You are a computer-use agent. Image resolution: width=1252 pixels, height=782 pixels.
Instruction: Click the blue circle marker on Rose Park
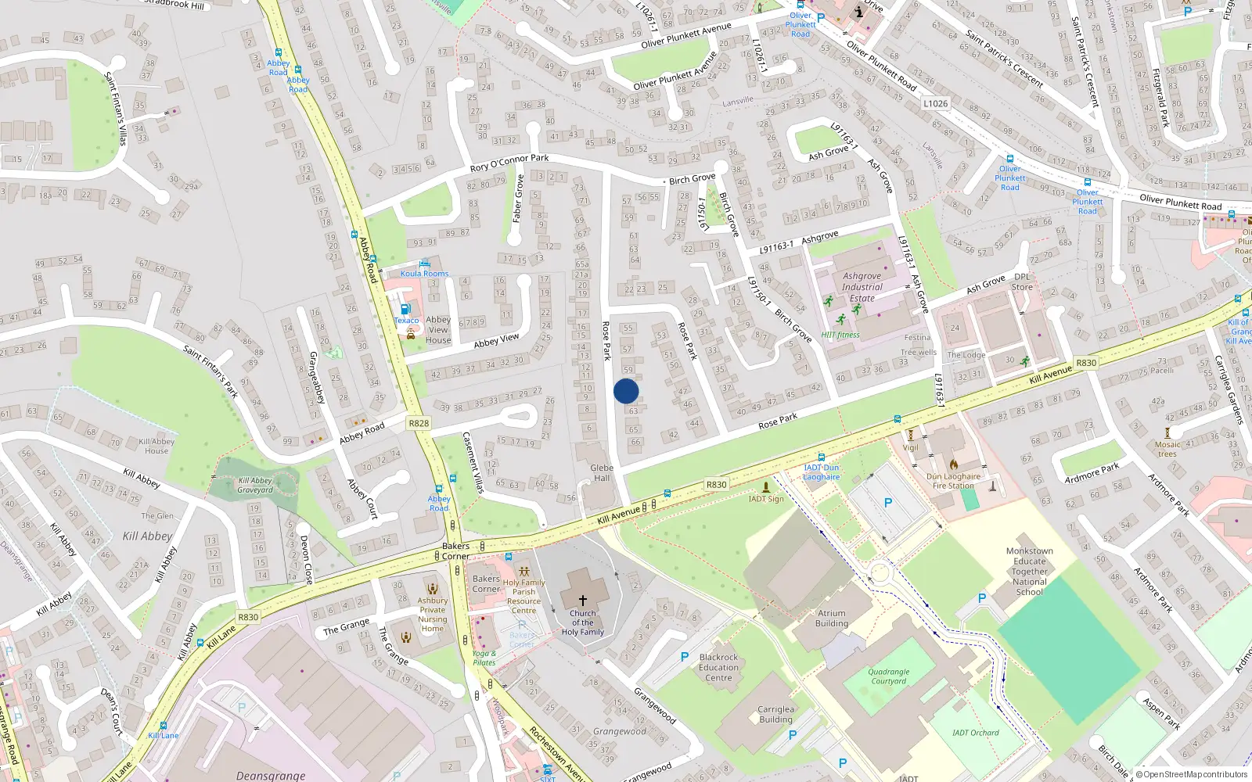[626, 391]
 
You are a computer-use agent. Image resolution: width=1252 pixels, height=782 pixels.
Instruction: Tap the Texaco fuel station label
[406, 321]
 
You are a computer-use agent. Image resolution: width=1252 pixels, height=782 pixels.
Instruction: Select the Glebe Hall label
[602, 473]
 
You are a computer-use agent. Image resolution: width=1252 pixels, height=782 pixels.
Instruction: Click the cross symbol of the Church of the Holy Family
[583, 601]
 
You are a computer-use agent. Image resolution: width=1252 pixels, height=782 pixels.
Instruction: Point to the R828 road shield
[419, 423]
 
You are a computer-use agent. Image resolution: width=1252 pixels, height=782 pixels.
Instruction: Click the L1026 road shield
[935, 103]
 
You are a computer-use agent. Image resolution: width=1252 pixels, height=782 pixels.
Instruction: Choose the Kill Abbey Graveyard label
[255, 486]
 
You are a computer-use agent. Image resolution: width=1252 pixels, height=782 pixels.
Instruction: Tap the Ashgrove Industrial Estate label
[862, 287]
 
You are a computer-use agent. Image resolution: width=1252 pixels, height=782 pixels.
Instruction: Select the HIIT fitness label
[840, 335]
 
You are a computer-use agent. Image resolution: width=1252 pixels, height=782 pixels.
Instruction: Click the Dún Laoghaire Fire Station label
[953, 481]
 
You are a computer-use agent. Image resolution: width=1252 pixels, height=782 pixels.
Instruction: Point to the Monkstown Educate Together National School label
[1029, 572]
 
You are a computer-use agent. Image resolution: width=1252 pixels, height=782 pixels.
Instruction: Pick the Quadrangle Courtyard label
[889, 676]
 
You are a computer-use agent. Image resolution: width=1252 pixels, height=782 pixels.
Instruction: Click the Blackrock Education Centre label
[718, 668]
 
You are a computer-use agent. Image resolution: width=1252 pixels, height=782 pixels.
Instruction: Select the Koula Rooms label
[424, 274]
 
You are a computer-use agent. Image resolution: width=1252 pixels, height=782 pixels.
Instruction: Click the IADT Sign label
[766, 499]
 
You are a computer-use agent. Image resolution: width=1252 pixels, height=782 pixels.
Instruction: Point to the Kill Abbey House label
[156, 446]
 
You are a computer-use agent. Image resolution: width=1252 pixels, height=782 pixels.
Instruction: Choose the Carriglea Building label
[775, 715]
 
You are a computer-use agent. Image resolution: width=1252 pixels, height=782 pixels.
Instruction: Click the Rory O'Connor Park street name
[509, 163]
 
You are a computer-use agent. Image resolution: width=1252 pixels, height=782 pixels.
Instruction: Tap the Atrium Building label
[832, 619]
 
